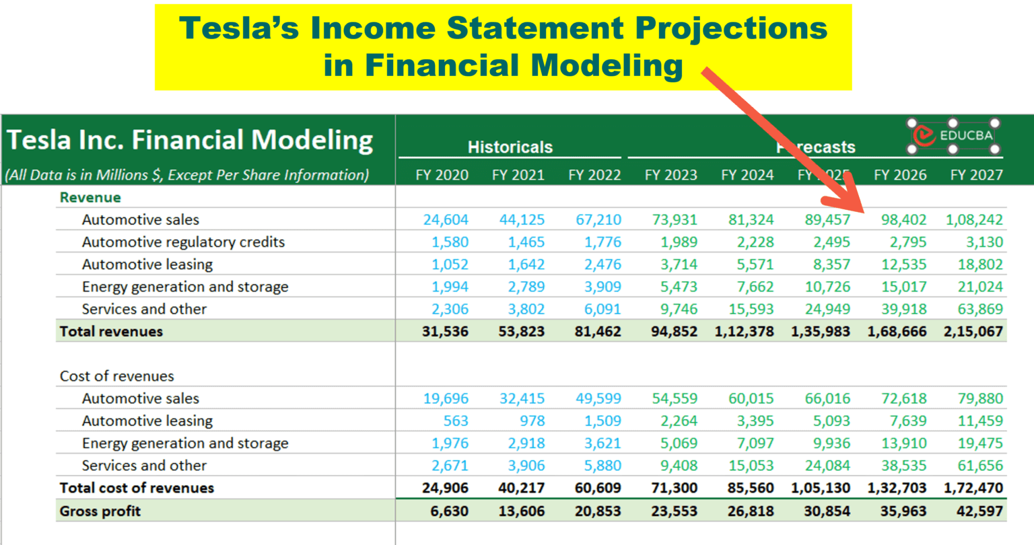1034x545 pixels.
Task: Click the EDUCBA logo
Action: tap(953, 135)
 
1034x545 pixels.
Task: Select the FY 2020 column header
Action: tap(442, 175)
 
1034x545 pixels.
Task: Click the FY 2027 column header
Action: tap(976, 175)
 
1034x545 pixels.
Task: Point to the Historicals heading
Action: tap(510, 147)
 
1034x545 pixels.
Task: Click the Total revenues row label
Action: tap(111, 331)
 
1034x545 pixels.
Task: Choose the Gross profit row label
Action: tap(100, 511)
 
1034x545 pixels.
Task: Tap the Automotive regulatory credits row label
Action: tap(183, 242)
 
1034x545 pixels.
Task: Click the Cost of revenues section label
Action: tap(116, 375)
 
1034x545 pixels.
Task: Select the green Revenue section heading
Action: tap(90, 197)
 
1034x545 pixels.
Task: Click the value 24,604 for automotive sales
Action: tap(446, 219)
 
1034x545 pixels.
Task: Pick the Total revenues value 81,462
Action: tap(598, 331)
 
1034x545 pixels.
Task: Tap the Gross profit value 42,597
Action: tap(979, 511)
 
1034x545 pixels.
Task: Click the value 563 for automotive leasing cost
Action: tap(456, 421)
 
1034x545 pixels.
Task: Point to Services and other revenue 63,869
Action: tap(980, 309)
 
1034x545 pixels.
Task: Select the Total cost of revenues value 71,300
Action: tap(674, 488)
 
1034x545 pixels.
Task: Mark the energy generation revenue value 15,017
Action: tap(903, 287)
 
